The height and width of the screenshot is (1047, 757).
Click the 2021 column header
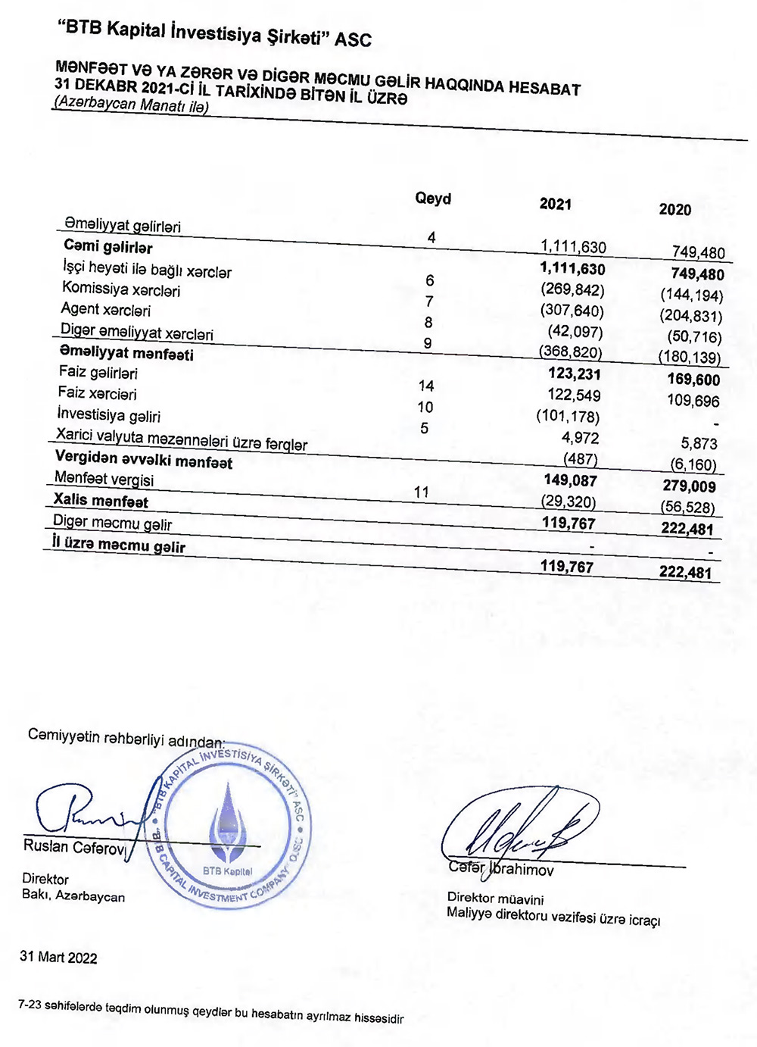(555, 204)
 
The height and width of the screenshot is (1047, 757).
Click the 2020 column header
(674, 210)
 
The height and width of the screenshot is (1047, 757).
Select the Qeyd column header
(433, 198)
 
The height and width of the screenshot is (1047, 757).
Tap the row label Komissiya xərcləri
(121, 290)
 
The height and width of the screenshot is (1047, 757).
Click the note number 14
(426, 386)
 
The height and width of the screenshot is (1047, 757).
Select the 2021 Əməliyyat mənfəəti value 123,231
(575, 373)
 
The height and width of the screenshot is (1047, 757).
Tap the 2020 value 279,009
(689, 486)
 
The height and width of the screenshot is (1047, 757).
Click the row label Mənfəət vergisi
(104, 479)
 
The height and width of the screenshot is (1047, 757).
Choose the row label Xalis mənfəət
(101, 501)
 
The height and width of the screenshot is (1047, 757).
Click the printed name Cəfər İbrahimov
(500, 868)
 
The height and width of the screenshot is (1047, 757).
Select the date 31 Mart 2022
(58, 957)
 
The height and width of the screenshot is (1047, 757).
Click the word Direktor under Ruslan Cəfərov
(45, 879)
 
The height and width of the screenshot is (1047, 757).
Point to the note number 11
(422, 492)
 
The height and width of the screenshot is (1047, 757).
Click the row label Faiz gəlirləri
(98, 373)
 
